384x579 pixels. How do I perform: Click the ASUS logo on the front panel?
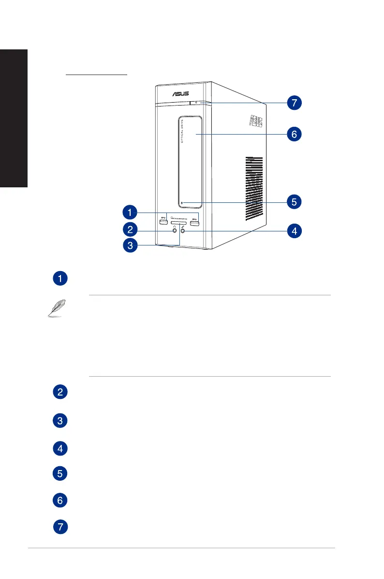tap(179, 93)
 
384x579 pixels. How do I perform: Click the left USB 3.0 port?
tap(163, 221)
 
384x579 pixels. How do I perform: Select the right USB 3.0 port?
tap(195, 221)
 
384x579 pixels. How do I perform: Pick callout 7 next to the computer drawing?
tap(293, 103)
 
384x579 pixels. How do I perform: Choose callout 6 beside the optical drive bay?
tap(293, 134)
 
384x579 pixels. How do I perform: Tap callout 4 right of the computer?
tap(293, 231)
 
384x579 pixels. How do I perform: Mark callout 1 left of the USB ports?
tap(129, 212)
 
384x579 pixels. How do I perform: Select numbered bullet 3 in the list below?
tap(60, 421)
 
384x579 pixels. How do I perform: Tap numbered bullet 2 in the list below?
tap(60, 392)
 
